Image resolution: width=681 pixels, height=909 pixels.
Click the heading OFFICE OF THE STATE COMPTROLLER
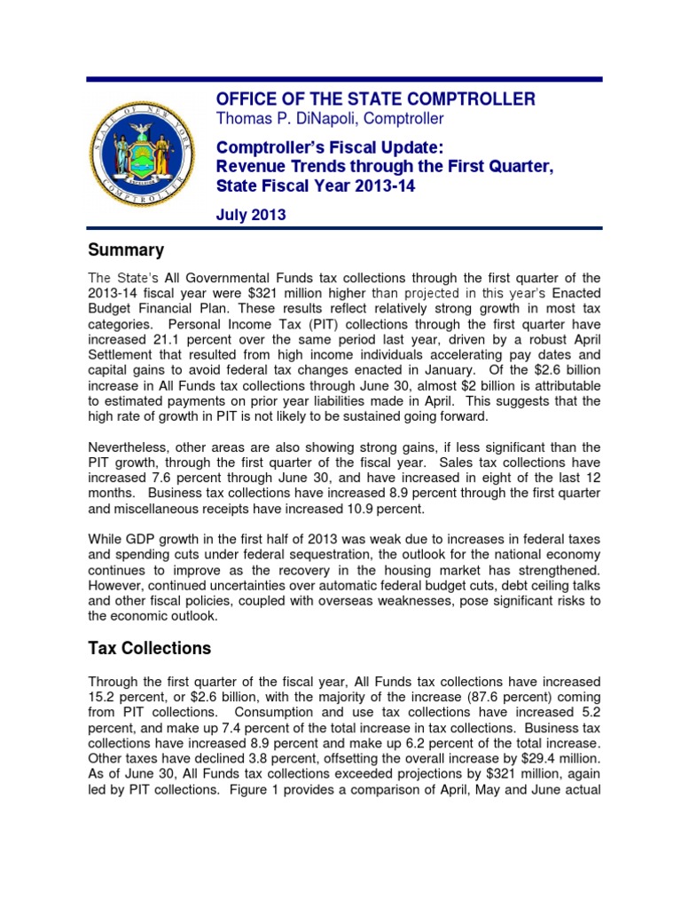[376, 99]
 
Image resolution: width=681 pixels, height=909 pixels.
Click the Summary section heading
[125, 250]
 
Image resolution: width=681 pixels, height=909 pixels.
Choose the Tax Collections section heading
[149, 648]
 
